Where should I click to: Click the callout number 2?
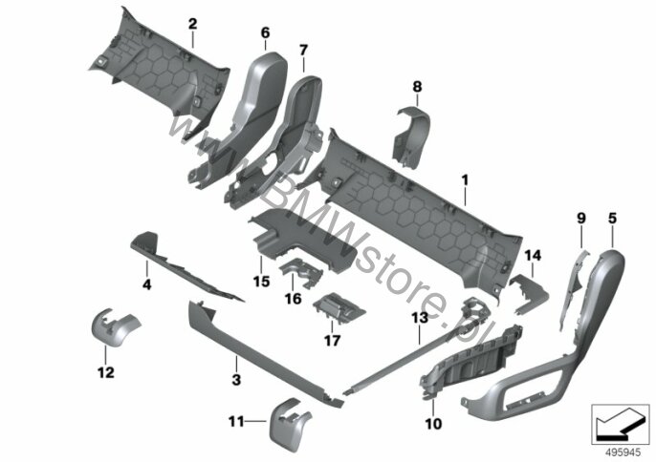(x=192, y=24)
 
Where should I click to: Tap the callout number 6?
(x=266, y=33)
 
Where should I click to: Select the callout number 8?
(x=417, y=87)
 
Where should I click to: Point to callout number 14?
(x=533, y=255)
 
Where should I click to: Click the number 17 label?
(x=332, y=341)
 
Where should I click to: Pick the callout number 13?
(x=420, y=318)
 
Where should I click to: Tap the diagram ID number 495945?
(x=623, y=452)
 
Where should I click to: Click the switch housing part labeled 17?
(x=339, y=308)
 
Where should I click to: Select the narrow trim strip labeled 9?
(x=572, y=288)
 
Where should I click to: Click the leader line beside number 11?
(x=255, y=422)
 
